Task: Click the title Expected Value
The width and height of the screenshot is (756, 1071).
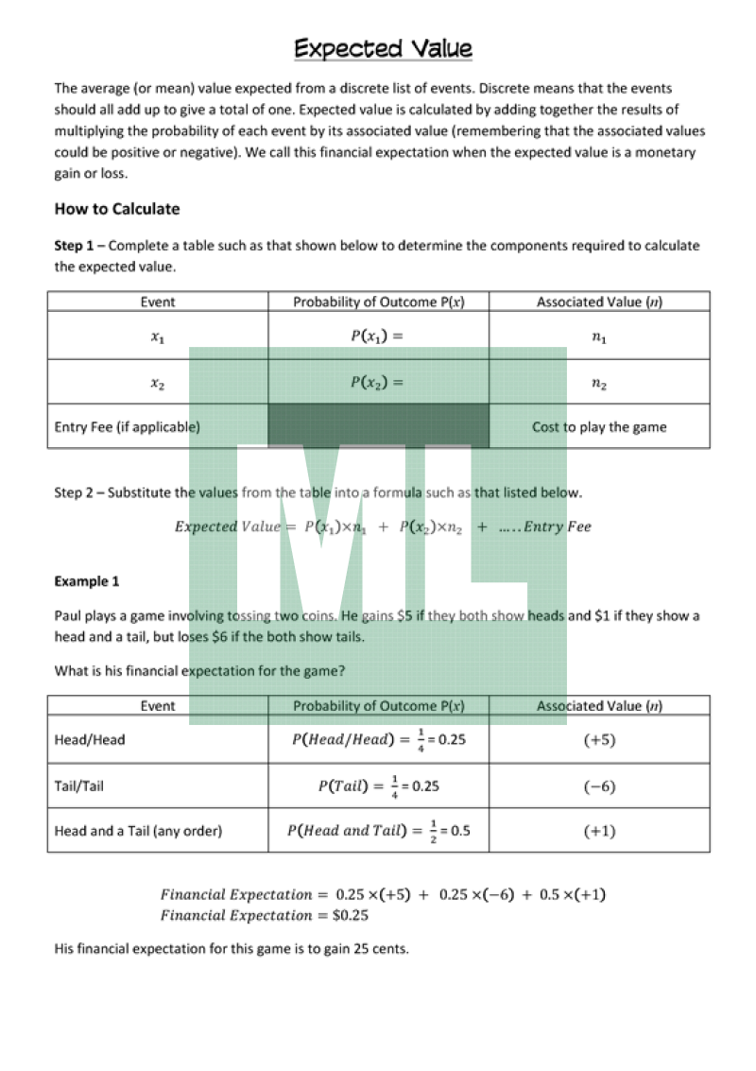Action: pyautogui.click(x=383, y=48)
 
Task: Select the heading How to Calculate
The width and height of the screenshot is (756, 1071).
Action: pyautogui.click(x=116, y=209)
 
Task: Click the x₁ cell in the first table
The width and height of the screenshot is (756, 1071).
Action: pyautogui.click(x=157, y=337)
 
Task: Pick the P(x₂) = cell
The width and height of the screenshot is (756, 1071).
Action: pyautogui.click(x=377, y=383)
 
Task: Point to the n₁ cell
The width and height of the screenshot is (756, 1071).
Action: pyautogui.click(x=598, y=337)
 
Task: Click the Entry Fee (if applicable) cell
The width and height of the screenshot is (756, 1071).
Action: pyautogui.click(x=127, y=426)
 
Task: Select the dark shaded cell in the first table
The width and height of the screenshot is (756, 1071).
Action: pyautogui.click(x=378, y=426)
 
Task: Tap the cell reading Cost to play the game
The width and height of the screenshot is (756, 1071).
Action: pyautogui.click(x=598, y=426)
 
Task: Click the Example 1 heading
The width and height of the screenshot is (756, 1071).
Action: pyautogui.click(x=87, y=581)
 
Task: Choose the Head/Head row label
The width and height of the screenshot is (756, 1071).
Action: pyautogui.click(x=90, y=739)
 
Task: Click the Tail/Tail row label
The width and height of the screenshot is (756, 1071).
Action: pyautogui.click(x=79, y=786)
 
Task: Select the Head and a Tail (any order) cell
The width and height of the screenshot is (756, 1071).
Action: pyautogui.click(x=138, y=831)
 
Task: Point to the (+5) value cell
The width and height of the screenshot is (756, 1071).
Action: pyautogui.click(x=598, y=739)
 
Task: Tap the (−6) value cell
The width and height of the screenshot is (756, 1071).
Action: pyautogui.click(x=598, y=786)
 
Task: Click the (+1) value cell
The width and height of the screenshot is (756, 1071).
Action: pyautogui.click(x=598, y=831)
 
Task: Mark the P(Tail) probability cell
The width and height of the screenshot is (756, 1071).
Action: pyautogui.click(x=378, y=786)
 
